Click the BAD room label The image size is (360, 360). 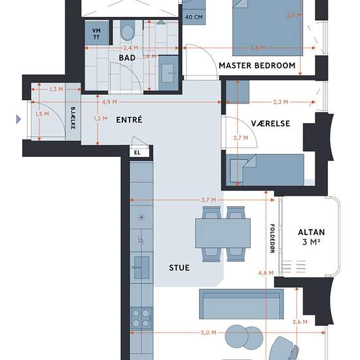coord(127,58)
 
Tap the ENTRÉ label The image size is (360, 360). coord(129,120)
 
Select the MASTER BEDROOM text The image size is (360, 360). coord(257,65)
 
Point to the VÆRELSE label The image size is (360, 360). coord(270,124)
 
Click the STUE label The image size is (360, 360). coord(179,268)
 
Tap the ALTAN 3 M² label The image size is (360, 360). coord(312,237)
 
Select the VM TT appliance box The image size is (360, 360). coord(96,33)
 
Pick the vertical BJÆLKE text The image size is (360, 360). coord(73,118)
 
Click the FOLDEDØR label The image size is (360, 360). coord(272,238)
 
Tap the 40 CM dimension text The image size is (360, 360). coord(194,17)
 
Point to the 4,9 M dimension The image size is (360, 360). coord(109,102)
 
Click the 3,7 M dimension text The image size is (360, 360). coord(209,200)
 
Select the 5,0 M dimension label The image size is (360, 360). coord(208,333)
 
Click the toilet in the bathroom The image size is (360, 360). coord(127,31)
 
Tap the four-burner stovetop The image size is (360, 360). coord(141,318)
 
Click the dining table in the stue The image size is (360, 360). coord(223,233)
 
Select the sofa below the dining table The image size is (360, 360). coord(242,304)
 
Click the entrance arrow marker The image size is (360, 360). coord(18,119)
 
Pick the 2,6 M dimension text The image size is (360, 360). coord(300,322)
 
